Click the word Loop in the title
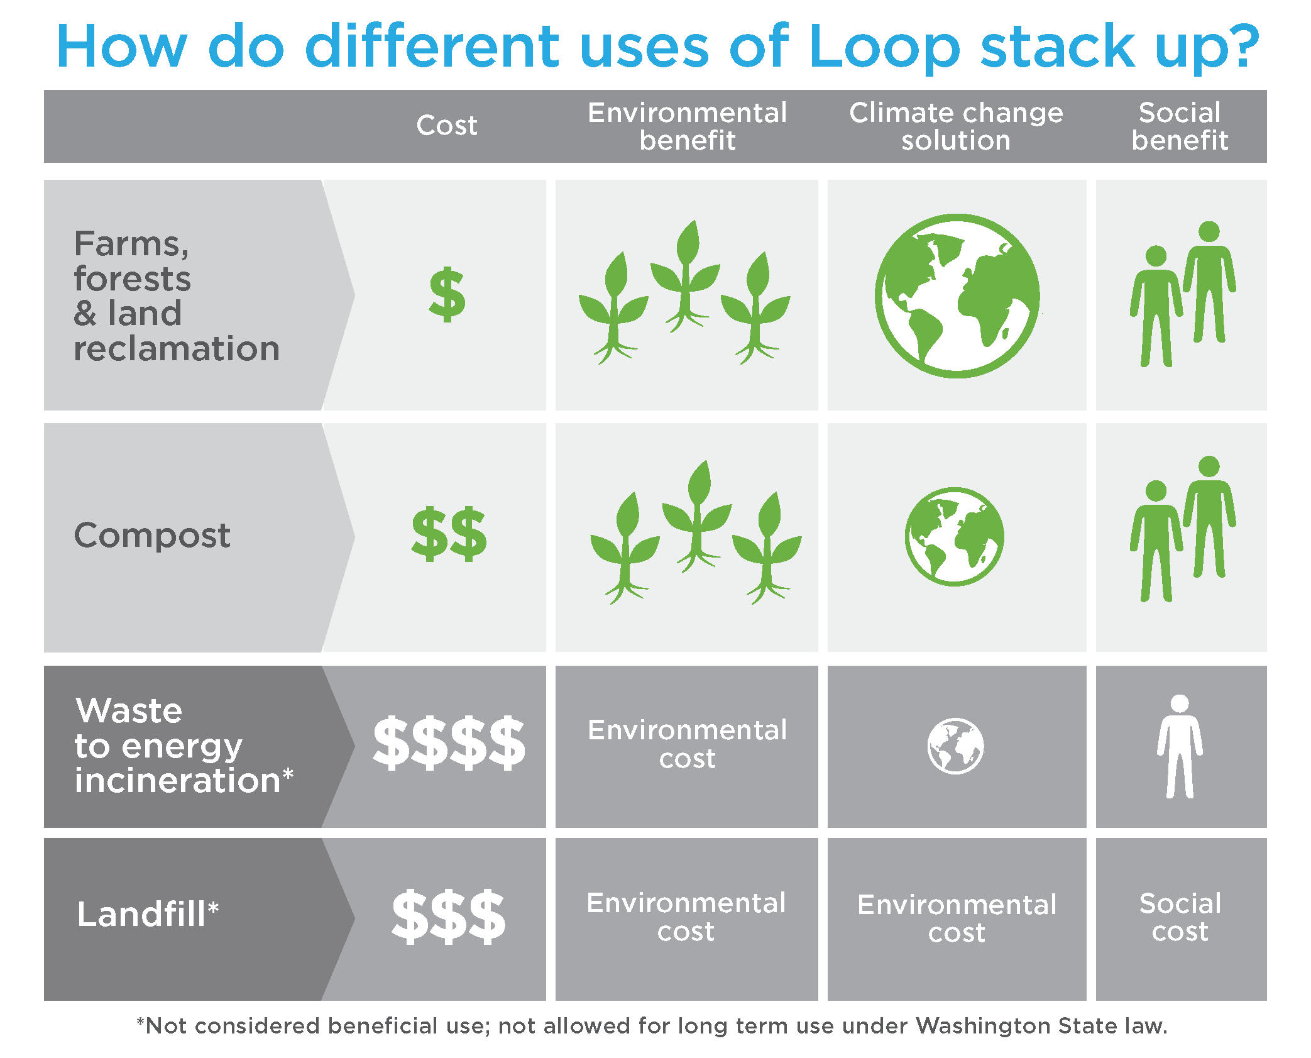(885, 48)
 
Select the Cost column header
(446, 126)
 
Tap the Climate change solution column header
(956, 126)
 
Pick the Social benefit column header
(1180, 126)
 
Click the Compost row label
(152, 536)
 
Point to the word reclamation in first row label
(177, 349)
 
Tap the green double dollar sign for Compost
(449, 534)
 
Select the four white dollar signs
(449, 743)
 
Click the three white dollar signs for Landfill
(448, 917)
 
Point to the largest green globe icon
(957, 296)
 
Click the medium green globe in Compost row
(955, 537)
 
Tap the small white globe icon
(956, 746)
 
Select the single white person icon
(1180, 746)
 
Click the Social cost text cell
(1180, 917)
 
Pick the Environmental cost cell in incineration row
(687, 744)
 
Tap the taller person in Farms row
(1209, 283)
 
